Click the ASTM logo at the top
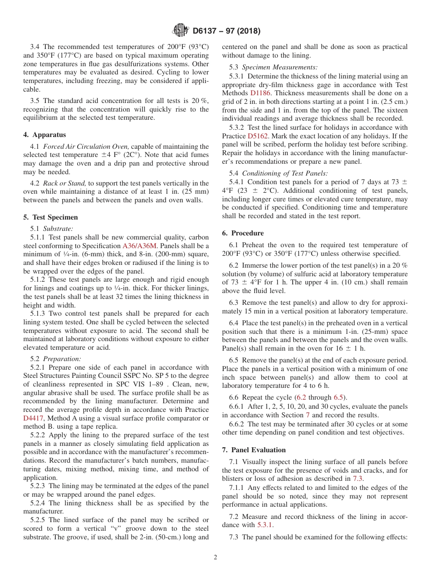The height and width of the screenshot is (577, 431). click(181, 31)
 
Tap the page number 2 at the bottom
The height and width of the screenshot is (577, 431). click(215, 557)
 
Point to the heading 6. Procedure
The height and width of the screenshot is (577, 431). click(243, 233)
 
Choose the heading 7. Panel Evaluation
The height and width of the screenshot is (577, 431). click(254, 450)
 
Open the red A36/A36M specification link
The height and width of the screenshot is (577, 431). click(140, 246)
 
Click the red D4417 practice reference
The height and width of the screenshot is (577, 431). click(33, 418)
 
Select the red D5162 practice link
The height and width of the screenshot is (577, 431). click(257, 136)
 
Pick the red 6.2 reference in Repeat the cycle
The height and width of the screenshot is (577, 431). click(301, 397)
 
